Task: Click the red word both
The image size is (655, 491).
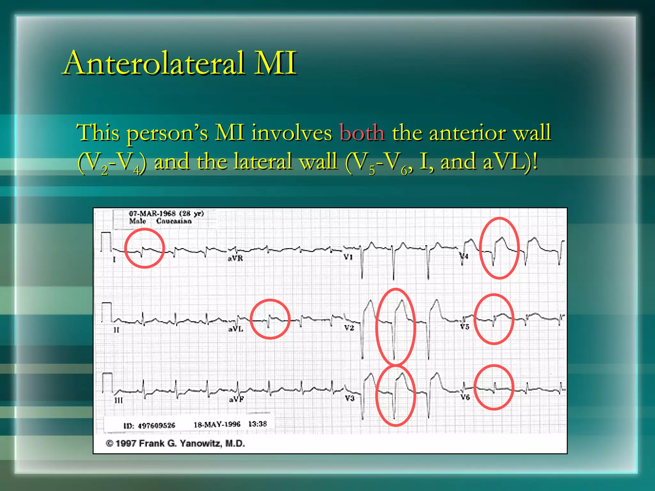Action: click(362, 133)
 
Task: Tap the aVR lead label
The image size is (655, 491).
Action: click(235, 258)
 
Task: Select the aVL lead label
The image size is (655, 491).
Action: click(236, 329)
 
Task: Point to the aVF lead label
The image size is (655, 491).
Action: click(236, 399)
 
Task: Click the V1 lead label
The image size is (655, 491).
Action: click(348, 257)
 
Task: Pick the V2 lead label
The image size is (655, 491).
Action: click(349, 328)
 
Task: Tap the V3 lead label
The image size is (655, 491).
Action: click(350, 398)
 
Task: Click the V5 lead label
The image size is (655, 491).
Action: click(464, 327)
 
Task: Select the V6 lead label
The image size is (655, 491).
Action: click(465, 397)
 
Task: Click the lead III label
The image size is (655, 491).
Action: click(118, 400)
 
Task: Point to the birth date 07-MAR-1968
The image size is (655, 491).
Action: click(152, 214)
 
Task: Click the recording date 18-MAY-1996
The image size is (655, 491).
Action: click(217, 425)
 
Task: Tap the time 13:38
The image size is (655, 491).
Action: click(257, 424)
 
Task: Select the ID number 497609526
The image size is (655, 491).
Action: click(156, 425)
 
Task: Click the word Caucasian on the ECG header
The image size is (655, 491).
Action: click(174, 221)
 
